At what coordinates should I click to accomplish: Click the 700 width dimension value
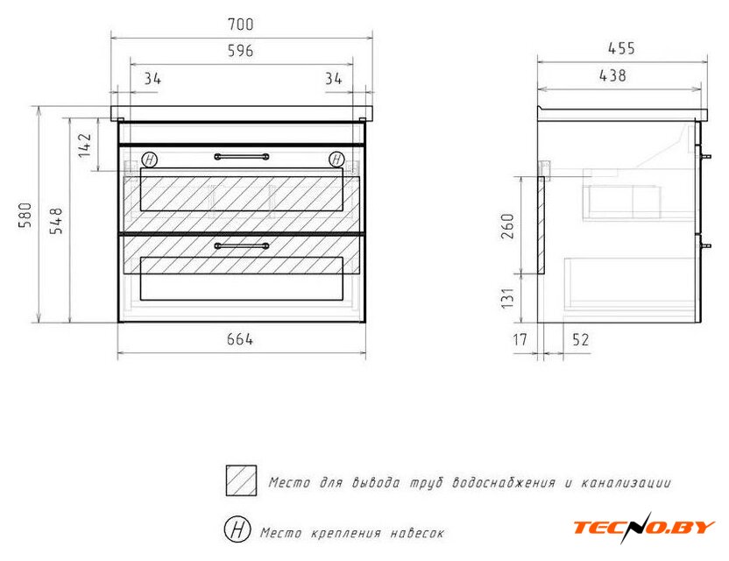coord(240,25)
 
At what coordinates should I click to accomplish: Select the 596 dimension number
coord(240,51)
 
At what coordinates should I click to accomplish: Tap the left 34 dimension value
coord(152,79)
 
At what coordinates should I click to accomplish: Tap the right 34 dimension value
coord(333,79)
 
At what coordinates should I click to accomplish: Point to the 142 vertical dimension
coord(85,146)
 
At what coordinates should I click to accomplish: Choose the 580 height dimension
coord(25,215)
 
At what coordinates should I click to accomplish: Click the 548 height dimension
coord(56,221)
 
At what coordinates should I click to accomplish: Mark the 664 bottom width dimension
coord(240,339)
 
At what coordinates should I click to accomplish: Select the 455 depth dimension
coord(621,48)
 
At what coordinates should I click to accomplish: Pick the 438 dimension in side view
coord(612,75)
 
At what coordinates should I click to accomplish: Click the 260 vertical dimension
coord(507,226)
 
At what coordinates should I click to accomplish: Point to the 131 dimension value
coord(507,298)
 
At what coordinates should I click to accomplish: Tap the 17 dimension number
coord(520,339)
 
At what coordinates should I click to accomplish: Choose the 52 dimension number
coord(581,339)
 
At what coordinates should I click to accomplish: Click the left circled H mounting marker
coord(149,160)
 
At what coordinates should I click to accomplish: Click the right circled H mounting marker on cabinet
coord(336,160)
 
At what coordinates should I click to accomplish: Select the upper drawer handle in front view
coord(242,157)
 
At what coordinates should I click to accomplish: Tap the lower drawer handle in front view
coord(242,245)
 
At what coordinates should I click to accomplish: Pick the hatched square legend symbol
coord(241,480)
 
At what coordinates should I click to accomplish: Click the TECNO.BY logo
coord(644,528)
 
